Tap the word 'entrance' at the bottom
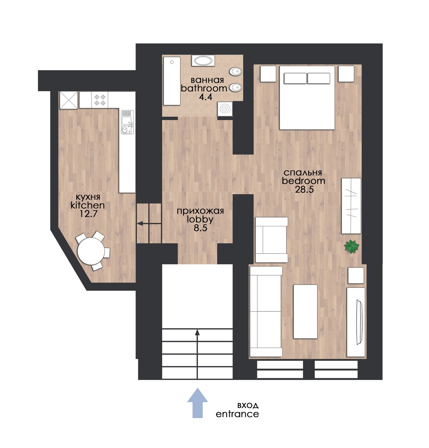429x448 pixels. (237, 414)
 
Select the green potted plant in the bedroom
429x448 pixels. (351, 246)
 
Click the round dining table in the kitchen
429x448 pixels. (90, 251)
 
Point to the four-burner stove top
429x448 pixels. (100, 100)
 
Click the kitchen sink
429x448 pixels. (127, 122)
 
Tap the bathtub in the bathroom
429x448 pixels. (172, 81)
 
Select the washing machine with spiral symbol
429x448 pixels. (225, 109)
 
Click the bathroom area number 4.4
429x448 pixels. (203, 97)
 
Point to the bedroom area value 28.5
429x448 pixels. (304, 189)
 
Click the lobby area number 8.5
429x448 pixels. (200, 228)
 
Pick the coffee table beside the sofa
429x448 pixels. (305, 311)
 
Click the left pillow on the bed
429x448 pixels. (295, 78)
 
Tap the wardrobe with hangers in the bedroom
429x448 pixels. (351, 206)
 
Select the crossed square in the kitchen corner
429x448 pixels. (68, 100)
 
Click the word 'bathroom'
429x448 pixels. (203, 88)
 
